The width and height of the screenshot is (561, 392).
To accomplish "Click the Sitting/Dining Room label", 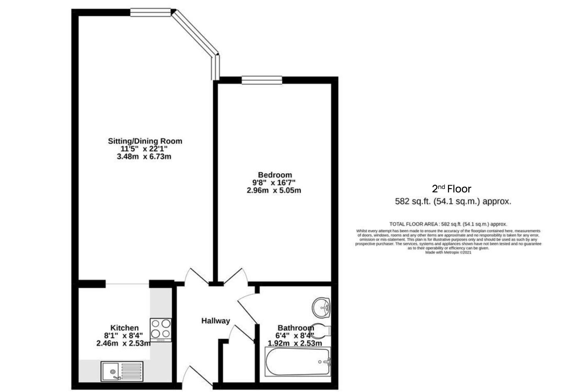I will (145, 141).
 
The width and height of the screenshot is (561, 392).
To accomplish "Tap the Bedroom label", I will (275, 175).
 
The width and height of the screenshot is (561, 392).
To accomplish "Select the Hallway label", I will (216, 321).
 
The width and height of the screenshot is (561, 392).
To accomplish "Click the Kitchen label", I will (124, 328).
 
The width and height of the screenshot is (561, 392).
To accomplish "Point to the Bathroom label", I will (295, 328).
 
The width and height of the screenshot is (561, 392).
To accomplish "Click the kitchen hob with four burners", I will (161, 329).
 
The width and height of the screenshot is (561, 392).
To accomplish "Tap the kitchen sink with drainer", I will (122, 371).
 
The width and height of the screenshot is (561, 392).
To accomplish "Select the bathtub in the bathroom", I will (298, 362).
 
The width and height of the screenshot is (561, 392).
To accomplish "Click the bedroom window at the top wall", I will (262, 80).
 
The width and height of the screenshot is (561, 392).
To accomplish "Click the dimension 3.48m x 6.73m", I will (144, 157).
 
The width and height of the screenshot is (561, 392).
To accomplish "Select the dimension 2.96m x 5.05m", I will (273, 191).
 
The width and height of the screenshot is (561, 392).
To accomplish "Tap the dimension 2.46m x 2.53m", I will (123, 343).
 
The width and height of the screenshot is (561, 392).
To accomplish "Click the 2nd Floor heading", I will (451, 189).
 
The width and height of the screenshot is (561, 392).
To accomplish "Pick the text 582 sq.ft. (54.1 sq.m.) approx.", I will (453, 202).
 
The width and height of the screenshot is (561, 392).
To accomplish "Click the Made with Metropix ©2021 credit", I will (448, 252).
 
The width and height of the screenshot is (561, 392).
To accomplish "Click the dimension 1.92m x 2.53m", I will (295, 343).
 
